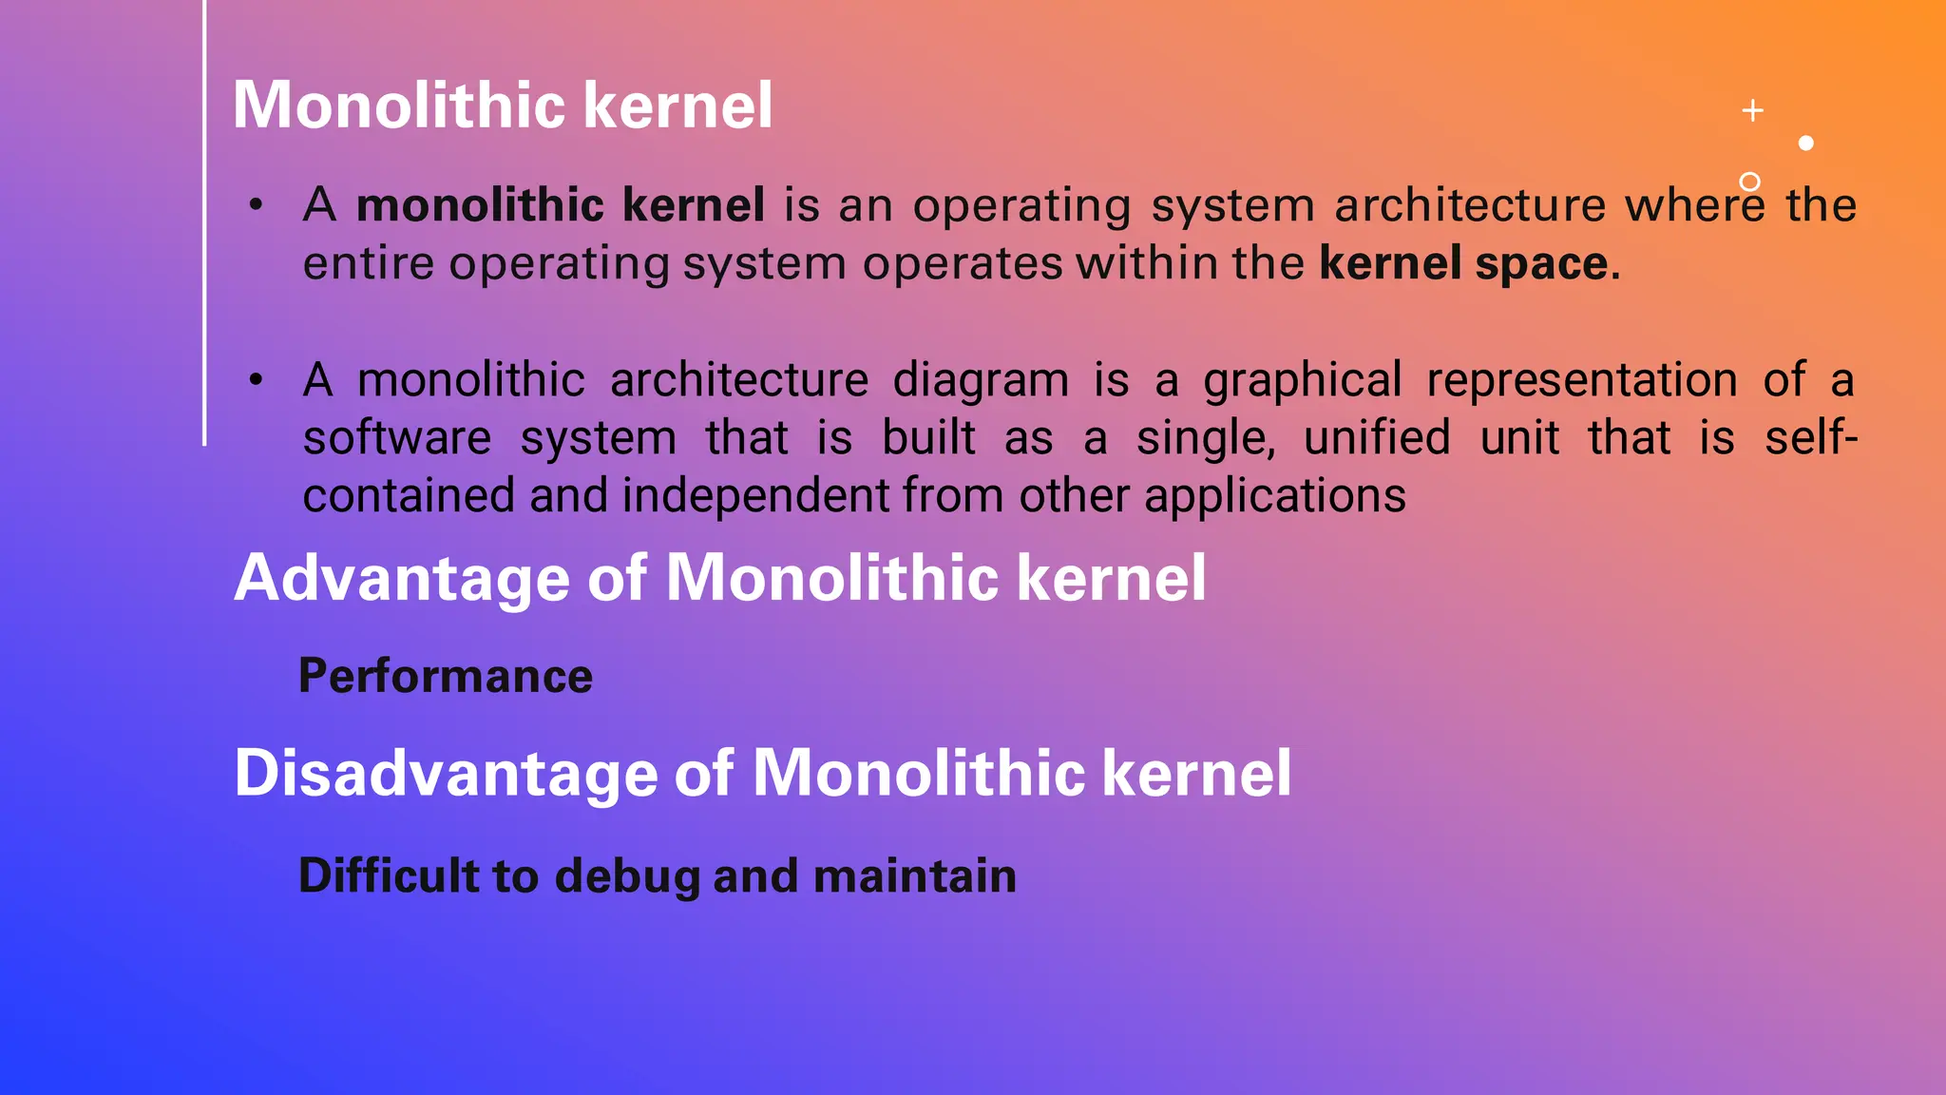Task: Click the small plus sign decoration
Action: click(x=1753, y=110)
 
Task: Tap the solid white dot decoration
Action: click(x=1806, y=143)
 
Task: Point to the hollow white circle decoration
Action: click(x=1749, y=181)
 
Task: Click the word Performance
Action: click(x=446, y=676)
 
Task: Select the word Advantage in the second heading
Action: click(x=401, y=578)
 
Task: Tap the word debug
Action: click(x=627, y=876)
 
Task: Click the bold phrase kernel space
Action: click(x=1463, y=263)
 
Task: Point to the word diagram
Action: click(x=981, y=380)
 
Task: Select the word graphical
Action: click(x=1302, y=380)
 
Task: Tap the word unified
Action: click(x=1377, y=438)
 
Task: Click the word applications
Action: click(x=1274, y=496)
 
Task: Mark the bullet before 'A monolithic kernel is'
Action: click(x=256, y=205)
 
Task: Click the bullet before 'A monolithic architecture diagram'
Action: click(x=256, y=380)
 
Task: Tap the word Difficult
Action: click(x=389, y=875)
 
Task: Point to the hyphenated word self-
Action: click(x=1810, y=438)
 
